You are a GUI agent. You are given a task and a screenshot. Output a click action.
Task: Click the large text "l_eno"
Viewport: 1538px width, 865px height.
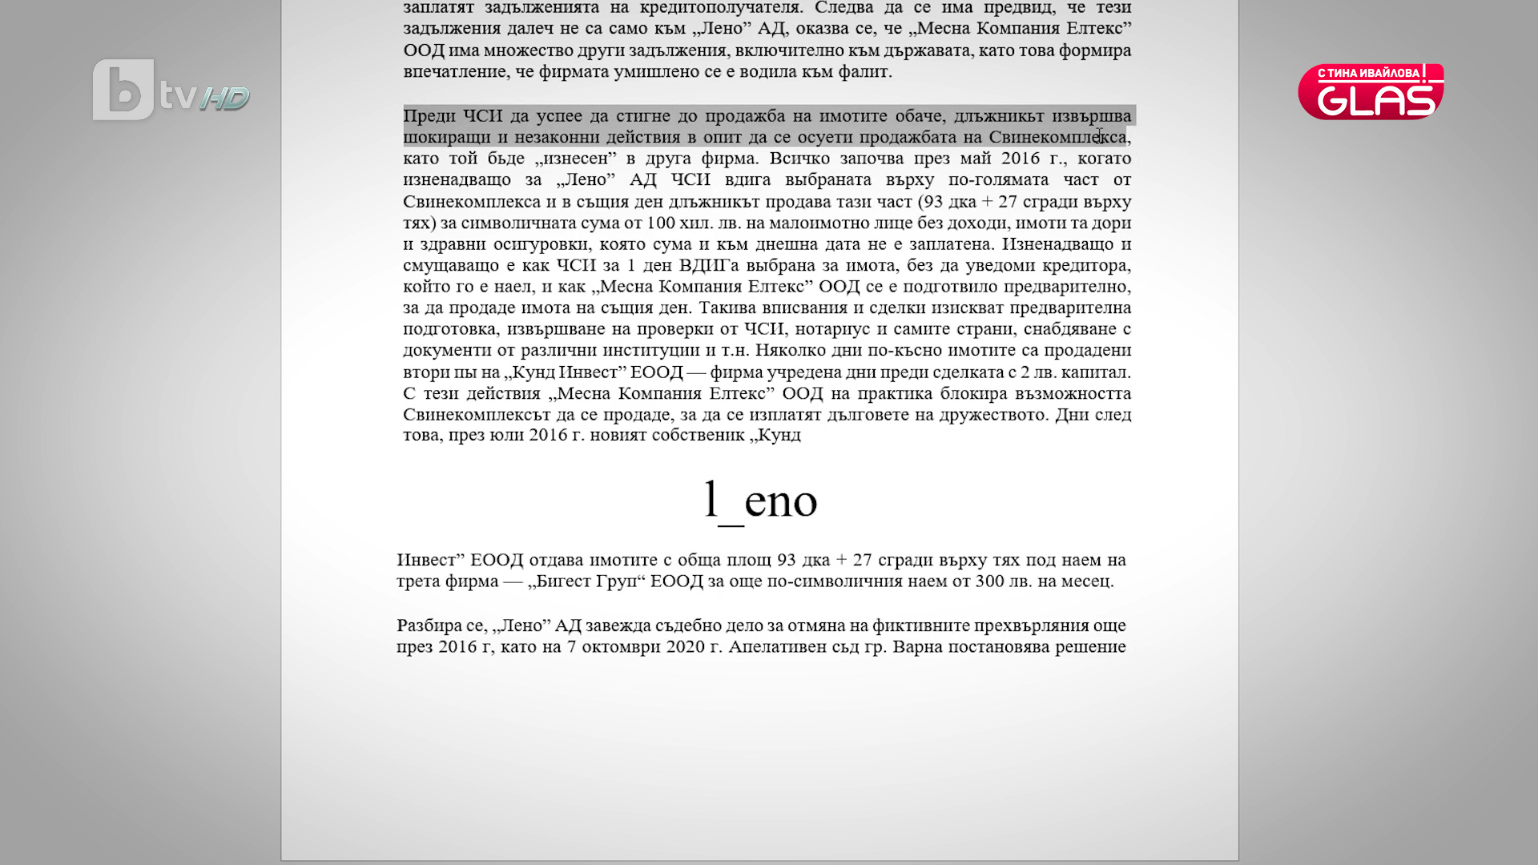coord(760,501)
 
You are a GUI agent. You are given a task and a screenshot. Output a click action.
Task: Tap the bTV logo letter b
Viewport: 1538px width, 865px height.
coord(123,91)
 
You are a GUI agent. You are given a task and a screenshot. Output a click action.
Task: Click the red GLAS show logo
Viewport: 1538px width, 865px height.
coord(1371,92)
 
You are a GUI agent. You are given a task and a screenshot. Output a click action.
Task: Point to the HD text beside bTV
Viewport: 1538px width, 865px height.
coord(224,99)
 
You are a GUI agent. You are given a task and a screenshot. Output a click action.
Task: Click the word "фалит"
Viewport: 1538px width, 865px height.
coord(865,72)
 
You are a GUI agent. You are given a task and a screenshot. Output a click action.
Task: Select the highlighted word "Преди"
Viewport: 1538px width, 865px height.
coord(429,116)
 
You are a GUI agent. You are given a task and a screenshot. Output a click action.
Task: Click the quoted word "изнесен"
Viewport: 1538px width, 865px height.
coord(575,159)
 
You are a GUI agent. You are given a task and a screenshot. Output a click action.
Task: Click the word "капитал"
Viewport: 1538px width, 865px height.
coord(1097,372)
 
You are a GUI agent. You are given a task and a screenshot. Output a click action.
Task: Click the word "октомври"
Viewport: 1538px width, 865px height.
coord(621,647)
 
